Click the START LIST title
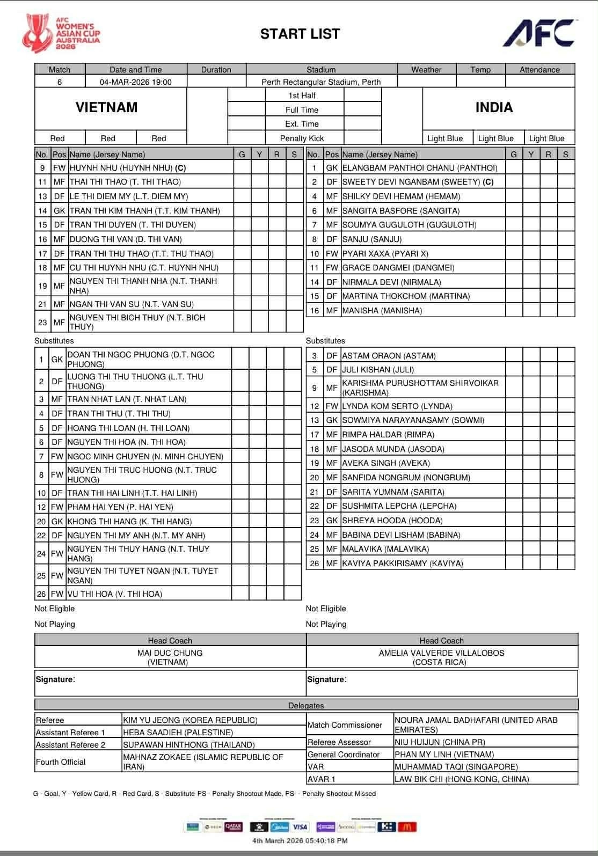pyautogui.click(x=300, y=34)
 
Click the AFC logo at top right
pyautogui.click(x=539, y=33)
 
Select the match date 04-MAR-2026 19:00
pyautogui.click(x=136, y=82)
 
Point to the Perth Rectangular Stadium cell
pyautogui.click(x=321, y=82)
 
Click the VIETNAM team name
pyautogui.click(x=106, y=107)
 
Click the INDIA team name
pyautogui.click(x=494, y=107)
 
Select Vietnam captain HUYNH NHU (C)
pyautogui.click(x=128, y=168)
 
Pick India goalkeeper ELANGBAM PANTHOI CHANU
pyautogui.click(x=420, y=168)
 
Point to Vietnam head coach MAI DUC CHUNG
pyautogui.click(x=170, y=653)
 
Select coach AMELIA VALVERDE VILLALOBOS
pyautogui.click(x=441, y=653)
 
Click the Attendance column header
pyautogui.click(x=539, y=70)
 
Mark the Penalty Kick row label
pyautogui.click(x=302, y=138)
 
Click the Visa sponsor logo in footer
pyautogui.click(x=300, y=827)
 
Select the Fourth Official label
pyautogui.click(x=61, y=762)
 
